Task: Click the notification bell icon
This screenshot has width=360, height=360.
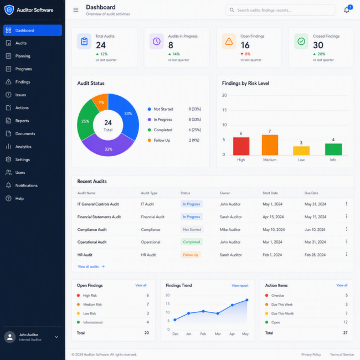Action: pos(347,10)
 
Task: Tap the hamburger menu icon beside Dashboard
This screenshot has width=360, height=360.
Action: pos(76,10)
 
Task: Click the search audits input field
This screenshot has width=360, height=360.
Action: pos(280,10)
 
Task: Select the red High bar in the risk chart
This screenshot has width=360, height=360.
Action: pos(241,146)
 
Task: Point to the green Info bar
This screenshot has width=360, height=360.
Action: pos(333,149)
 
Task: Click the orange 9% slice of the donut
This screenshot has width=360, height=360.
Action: pos(101,101)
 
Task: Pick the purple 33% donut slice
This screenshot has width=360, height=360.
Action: pos(108,146)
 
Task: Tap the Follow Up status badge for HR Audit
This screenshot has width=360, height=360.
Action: pos(191,255)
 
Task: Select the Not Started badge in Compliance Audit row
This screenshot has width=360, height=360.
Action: pos(192,229)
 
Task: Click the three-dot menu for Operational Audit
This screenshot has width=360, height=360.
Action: pos(346,242)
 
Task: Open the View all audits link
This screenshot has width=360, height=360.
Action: pos(91,266)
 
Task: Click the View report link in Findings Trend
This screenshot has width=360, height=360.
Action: pos(240,286)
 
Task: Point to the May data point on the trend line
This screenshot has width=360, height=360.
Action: pos(247,300)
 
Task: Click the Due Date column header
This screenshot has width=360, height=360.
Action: pos(311,193)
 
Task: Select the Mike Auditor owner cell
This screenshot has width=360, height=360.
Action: pos(230,230)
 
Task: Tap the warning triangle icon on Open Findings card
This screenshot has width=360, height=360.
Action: pos(229,42)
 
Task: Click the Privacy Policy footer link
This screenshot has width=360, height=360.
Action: pos(311,354)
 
